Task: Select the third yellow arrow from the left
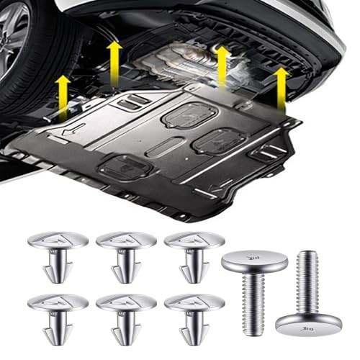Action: (222, 65)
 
